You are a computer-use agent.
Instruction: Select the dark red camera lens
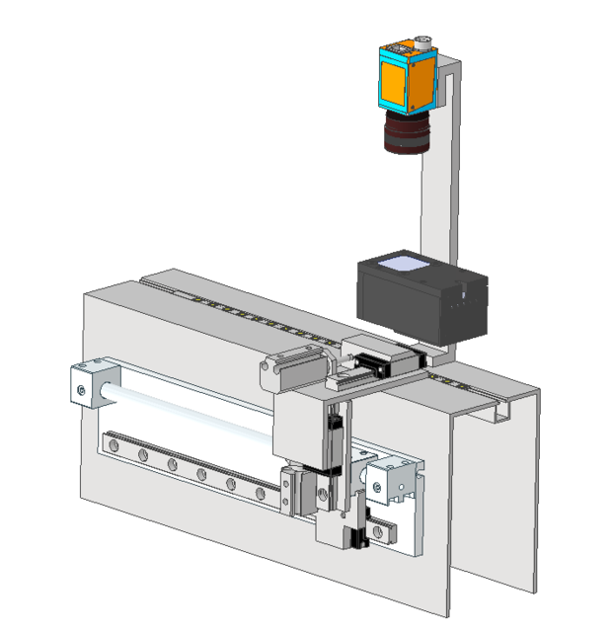(x=406, y=132)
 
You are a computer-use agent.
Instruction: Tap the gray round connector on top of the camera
(x=423, y=42)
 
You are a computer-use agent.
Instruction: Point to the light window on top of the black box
(x=404, y=263)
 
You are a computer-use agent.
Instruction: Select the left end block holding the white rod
(x=90, y=386)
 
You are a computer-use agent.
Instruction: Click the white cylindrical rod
(x=188, y=410)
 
